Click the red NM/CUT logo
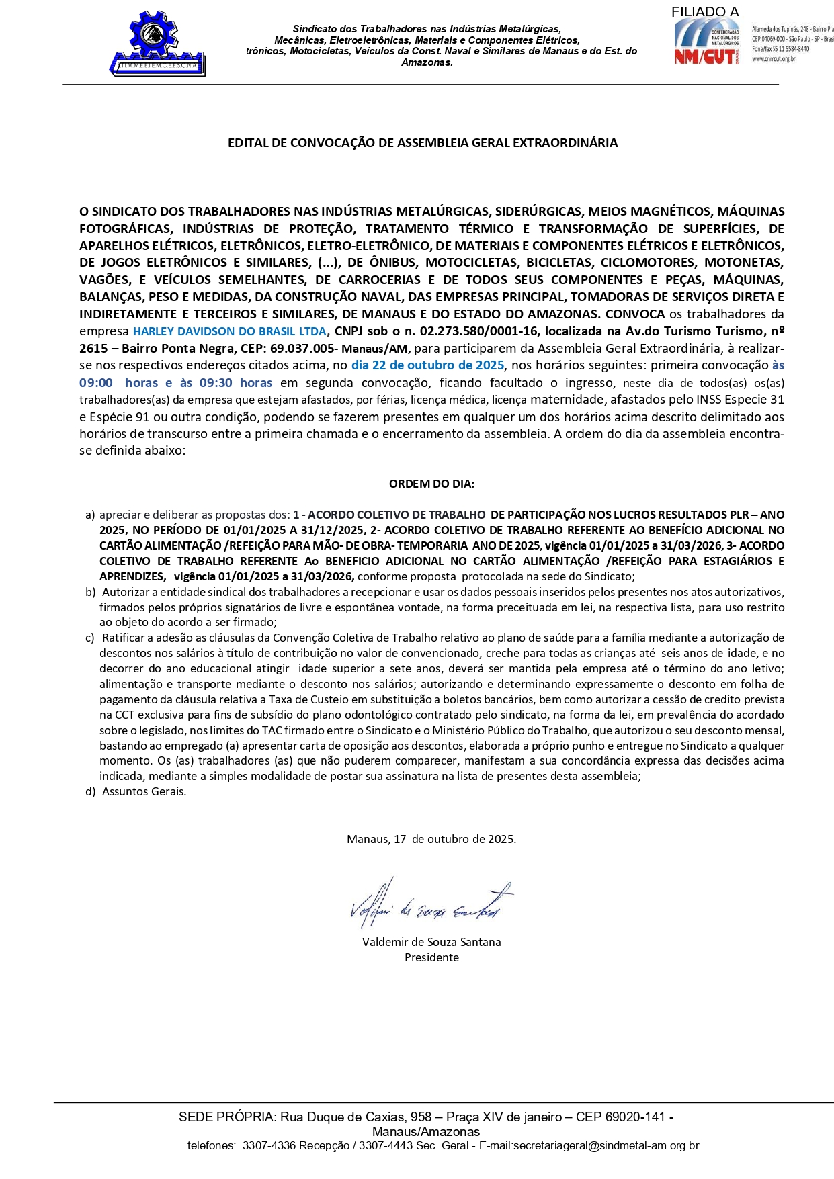(706, 42)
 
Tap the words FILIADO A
(704, 11)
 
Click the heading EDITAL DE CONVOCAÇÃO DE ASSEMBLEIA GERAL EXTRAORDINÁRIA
(423, 142)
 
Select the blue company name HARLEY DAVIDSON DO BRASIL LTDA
(229, 331)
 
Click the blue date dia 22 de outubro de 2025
(427, 365)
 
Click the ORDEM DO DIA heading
(431, 484)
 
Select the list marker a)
(90, 515)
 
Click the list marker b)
(90, 592)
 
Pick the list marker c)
(90, 638)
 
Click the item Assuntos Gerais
(144, 791)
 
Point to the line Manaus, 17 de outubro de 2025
(431, 839)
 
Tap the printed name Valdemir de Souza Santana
(431, 942)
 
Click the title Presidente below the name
(431, 957)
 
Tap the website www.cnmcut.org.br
(774, 59)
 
